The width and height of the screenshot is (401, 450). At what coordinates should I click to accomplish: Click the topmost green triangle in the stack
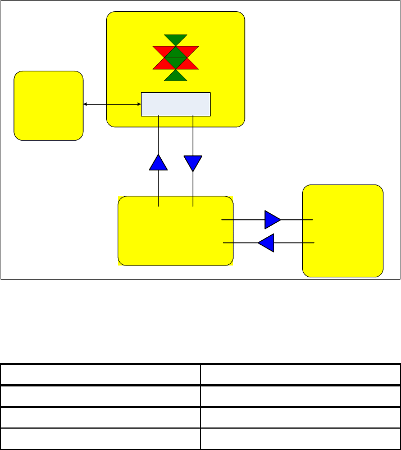(x=176, y=39)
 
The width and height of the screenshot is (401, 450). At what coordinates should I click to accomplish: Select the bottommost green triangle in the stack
(x=176, y=76)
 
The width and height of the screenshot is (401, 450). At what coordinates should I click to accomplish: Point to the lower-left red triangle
(x=162, y=64)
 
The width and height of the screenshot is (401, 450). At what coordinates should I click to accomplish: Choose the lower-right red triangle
(x=189, y=64)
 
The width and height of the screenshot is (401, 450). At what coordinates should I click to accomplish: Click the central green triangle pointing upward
(x=176, y=52)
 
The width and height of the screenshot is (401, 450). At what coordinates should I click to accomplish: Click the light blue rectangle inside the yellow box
(x=175, y=104)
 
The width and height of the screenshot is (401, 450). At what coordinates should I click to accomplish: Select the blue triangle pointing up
(x=159, y=163)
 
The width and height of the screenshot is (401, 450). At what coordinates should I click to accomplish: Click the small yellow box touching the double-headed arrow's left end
(x=48, y=105)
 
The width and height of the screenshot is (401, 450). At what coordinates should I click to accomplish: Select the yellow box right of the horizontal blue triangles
(x=343, y=231)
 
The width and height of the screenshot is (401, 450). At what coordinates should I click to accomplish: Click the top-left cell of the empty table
(x=101, y=375)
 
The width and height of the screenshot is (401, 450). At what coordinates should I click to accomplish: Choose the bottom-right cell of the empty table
(x=300, y=439)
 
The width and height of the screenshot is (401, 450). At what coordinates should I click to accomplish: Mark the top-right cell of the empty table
(x=300, y=375)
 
